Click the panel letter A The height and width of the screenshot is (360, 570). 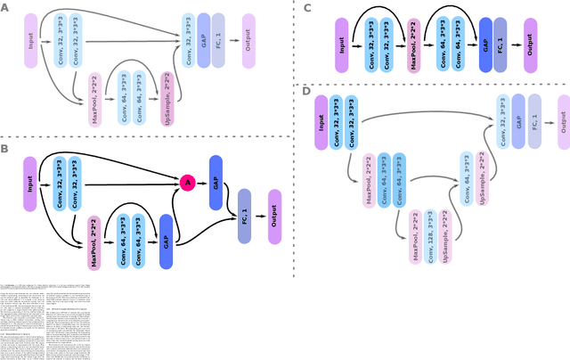tap(5, 7)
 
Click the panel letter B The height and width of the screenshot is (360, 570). tap(5, 148)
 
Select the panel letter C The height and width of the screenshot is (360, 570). tap(307, 8)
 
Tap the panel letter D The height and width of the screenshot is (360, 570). tap(307, 91)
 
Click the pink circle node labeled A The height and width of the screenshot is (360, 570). tap(187, 182)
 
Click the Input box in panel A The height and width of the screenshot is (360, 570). tap(31, 40)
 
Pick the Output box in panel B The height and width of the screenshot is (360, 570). tap(274, 215)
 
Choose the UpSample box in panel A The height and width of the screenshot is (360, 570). tap(169, 98)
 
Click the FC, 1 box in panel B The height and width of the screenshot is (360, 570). tap(244, 215)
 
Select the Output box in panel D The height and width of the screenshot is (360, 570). tap(563, 121)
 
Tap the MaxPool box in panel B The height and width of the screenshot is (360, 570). tap(94, 241)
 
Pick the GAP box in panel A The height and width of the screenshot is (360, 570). tap(204, 40)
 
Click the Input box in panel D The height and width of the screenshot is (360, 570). tap(322, 121)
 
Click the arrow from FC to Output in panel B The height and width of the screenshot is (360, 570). tap(259, 215)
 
